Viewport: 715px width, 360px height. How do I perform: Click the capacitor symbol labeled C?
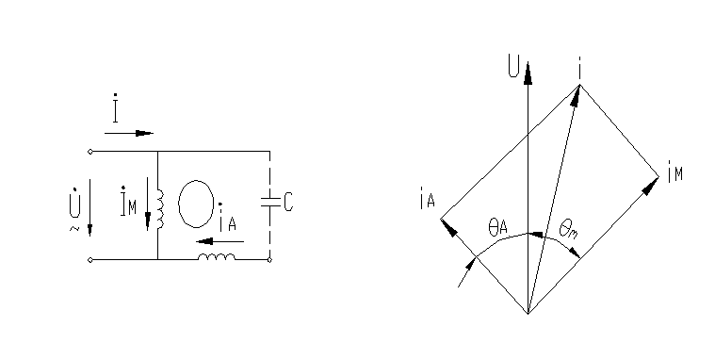tap(270, 202)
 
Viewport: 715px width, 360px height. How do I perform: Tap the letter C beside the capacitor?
tap(288, 202)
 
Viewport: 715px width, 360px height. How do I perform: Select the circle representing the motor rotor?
tap(196, 204)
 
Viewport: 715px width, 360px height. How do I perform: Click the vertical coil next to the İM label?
tap(160, 209)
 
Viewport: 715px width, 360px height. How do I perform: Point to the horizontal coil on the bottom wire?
tap(217, 257)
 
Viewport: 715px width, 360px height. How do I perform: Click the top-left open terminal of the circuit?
tap(89, 152)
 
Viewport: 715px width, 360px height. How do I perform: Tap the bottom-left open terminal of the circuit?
tap(89, 260)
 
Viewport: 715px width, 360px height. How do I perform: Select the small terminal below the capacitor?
tap(269, 260)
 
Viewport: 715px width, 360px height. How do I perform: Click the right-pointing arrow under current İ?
tap(129, 133)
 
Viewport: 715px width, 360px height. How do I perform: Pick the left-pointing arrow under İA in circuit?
tap(219, 241)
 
